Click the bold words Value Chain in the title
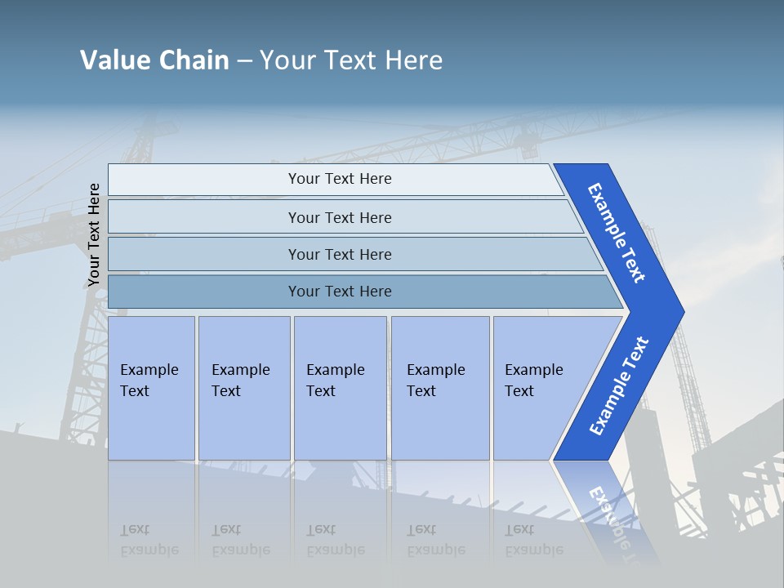point(154,60)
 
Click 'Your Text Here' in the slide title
point(351,60)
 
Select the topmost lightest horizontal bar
point(339,179)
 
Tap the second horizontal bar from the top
point(339,217)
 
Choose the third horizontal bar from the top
point(339,254)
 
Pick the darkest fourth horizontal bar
point(339,292)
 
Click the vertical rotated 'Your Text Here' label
point(94,235)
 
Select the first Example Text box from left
point(151,387)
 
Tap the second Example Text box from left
point(243,387)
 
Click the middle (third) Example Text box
point(339,387)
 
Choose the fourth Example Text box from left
point(439,387)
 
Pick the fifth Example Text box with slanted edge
point(539,387)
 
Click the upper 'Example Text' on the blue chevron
point(617,233)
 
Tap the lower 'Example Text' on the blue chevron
point(618,386)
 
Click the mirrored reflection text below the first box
point(149,541)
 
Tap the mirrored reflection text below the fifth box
point(534,541)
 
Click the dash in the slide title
point(244,61)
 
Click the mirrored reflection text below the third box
point(336,541)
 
